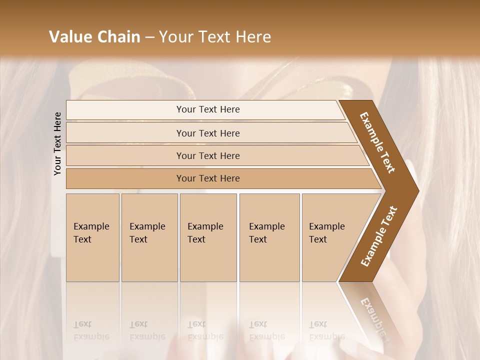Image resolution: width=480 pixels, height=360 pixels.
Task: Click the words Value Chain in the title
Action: pyautogui.click(x=94, y=37)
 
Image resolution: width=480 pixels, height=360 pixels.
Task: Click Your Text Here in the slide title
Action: pyautogui.click(x=215, y=37)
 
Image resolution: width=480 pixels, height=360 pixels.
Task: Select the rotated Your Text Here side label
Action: pyautogui.click(x=57, y=143)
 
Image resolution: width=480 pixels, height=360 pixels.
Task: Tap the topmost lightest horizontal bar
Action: pyautogui.click(x=208, y=109)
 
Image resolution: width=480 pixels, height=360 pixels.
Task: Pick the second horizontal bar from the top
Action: pyautogui.click(x=208, y=133)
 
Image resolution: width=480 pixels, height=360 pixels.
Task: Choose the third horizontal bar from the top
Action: pyautogui.click(x=208, y=156)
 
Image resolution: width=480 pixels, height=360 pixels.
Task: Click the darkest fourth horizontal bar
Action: pyautogui.click(x=208, y=178)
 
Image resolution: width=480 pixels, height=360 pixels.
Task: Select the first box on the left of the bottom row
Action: pyautogui.click(x=92, y=237)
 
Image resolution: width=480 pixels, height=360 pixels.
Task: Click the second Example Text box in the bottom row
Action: pyautogui.click(x=149, y=237)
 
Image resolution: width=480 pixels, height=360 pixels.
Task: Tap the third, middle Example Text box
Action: pyautogui.click(x=208, y=237)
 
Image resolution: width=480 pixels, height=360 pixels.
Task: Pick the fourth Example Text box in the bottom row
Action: pyautogui.click(x=269, y=237)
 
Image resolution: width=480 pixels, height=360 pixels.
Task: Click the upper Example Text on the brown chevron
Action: pyautogui.click(x=377, y=142)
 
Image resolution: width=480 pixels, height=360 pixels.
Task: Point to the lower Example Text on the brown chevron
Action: pyautogui.click(x=379, y=236)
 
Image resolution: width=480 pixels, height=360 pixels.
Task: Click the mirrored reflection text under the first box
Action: pyautogui.click(x=91, y=330)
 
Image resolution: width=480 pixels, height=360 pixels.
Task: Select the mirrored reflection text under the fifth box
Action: pyautogui.click(x=326, y=330)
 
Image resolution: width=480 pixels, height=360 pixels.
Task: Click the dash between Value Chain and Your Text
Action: pyautogui.click(x=149, y=37)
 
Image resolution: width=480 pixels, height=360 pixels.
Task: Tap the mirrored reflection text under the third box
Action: pyautogui.click(x=205, y=330)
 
